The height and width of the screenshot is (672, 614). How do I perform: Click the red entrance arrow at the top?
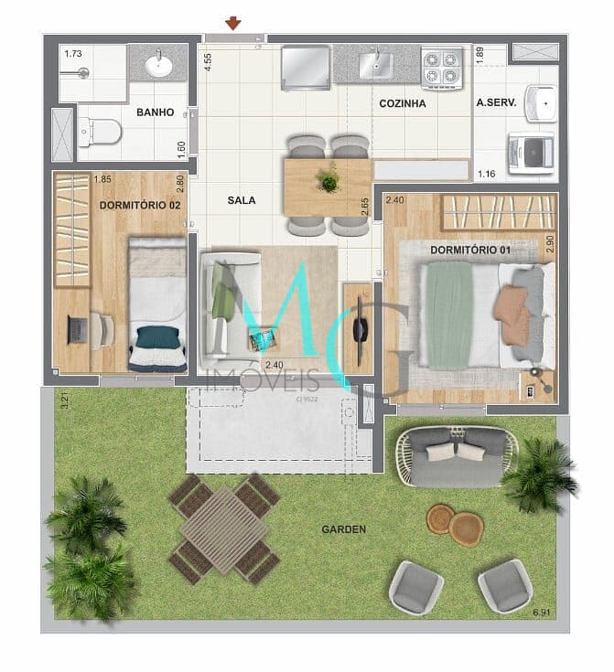tap(234, 23)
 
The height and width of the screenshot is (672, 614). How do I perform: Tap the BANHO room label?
tap(156, 112)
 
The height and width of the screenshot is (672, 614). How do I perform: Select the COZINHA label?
tap(403, 103)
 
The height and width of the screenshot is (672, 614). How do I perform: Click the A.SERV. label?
tap(496, 103)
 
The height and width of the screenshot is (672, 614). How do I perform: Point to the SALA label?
tap(242, 199)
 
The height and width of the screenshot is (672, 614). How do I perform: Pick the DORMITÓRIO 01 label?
tap(470, 250)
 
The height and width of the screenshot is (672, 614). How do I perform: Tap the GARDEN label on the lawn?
tap(344, 528)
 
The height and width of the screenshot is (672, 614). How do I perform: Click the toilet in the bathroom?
tap(100, 133)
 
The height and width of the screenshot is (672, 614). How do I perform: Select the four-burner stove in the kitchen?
tap(442, 66)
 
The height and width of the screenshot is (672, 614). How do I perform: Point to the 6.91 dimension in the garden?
tap(544, 611)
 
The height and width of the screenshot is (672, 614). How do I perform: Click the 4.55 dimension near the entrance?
tap(209, 61)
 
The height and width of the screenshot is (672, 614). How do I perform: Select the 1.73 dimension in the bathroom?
tap(72, 55)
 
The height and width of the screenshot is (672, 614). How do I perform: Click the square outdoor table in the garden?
tap(225, 528)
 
